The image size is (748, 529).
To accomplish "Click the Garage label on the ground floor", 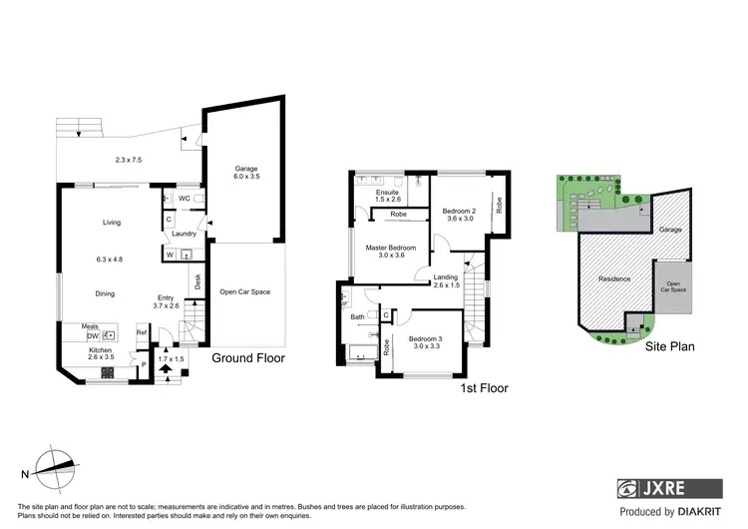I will (246, 168).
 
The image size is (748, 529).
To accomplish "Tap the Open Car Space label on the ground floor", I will (246, 292).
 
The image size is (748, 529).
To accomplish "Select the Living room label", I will (110, 223).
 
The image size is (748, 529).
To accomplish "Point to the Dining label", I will (105, 293).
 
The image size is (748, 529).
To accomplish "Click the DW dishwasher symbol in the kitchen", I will (92, 336).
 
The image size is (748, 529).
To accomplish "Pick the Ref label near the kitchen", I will (142, 332).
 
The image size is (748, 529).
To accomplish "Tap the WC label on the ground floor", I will (185, 199).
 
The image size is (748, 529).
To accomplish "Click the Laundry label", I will (183, 235).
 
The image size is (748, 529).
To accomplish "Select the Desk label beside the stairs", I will (198, 282).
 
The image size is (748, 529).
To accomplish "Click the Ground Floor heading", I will (248, 357).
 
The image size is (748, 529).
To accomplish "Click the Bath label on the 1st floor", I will (358, 317).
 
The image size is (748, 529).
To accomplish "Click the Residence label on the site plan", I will (614, 278).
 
